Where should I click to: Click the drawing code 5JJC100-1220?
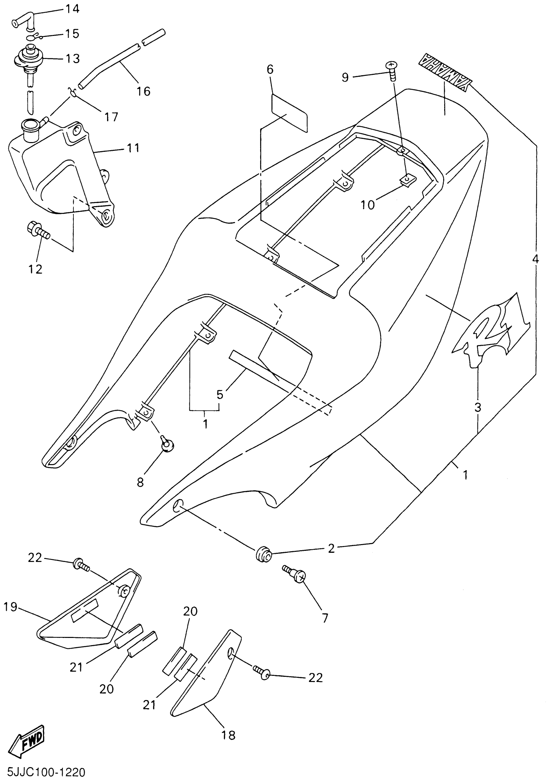tap(43, 773)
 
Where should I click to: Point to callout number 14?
tap(72, 9)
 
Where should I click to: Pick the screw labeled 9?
tap(392, 70)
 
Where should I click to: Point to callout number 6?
tap(270, 69)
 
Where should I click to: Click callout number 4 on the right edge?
tap(535, 259)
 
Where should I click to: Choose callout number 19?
tap(10, 607)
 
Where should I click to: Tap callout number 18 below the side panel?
tap(228, 735)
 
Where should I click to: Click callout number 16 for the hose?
tap(143, 91)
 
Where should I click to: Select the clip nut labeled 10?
tap(408, 179)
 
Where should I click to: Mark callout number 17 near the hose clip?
tap(112, 117)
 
